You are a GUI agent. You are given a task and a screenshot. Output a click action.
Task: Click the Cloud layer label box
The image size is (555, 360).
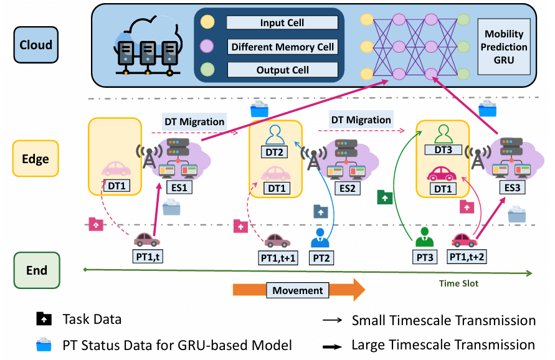(x=37, y=45)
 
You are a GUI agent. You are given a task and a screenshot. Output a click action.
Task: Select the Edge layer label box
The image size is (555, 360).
(x=37, y=159)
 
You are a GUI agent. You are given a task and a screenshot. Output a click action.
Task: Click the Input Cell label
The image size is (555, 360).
(x=282, y=23)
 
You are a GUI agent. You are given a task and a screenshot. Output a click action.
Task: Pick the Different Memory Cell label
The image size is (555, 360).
(x=282, y=47)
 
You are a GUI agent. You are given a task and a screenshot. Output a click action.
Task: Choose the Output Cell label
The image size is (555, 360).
(x=282, y=70)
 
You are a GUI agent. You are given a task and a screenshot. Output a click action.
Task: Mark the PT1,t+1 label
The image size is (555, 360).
(x=277, y=257)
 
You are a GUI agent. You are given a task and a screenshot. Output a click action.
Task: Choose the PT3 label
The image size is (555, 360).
(x=426, y=257)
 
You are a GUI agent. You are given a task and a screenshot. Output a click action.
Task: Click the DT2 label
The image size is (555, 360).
(x=275, y=153)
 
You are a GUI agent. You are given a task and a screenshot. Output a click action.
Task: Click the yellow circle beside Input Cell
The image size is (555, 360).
(x=207, y=22)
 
